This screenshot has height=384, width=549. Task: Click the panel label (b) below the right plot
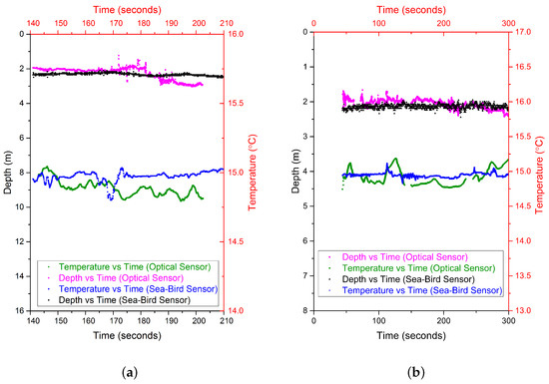click(x=410, y=371)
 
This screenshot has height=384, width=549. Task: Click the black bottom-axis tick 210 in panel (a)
click(x=225, y=322)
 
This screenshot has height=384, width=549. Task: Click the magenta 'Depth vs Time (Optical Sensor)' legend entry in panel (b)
click(x=411, y=257)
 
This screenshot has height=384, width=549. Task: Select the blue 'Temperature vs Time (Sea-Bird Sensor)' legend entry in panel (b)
click(x=422, y=290)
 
